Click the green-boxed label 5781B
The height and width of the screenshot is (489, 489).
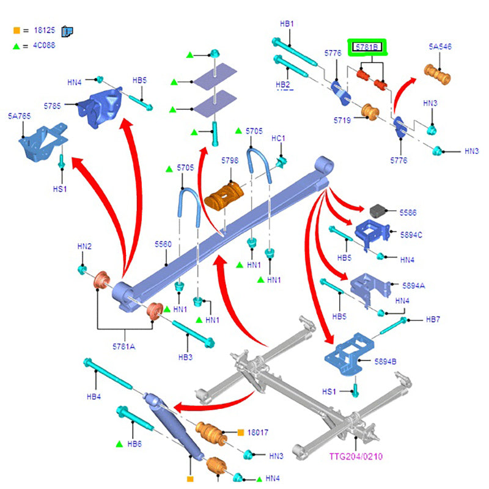pos(366,47)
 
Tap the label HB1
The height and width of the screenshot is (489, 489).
pos(287,24)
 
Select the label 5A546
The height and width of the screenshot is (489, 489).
pos(439,47)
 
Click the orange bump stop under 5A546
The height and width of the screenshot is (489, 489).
pos(438,77)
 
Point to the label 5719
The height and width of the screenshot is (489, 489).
pos(342,121)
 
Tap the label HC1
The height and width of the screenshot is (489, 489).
pos(278,139)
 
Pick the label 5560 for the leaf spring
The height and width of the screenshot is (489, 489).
pos(163,244)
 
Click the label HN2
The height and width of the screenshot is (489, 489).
pos(84,246)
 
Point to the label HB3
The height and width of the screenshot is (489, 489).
pos(185,357)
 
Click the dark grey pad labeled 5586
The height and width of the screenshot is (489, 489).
pos(381,211)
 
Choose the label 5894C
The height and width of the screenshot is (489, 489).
pos(412,234)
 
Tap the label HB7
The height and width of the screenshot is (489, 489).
pos(433,320)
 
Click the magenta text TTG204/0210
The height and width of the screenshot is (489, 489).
pos(356,456)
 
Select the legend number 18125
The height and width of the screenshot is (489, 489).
pos(42,30)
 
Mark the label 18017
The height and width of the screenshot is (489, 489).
pos(258,432)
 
